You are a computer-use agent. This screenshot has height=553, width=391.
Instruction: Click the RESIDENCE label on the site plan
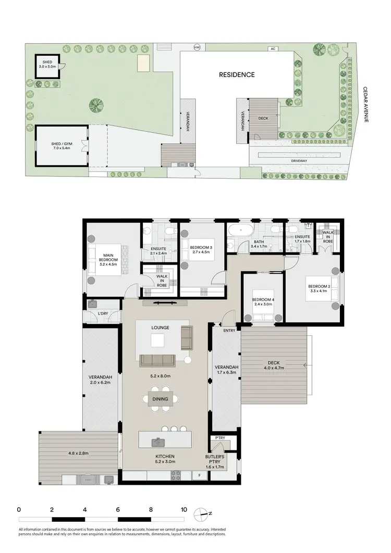pyautogui.click(x=237, y=74)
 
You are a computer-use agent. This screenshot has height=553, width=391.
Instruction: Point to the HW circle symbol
pyautogui.click(x=197, y=47)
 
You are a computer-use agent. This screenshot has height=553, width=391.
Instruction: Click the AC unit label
pyautogui.click(x=272, y=48)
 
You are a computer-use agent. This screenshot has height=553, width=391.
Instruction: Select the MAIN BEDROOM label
pyautogui.click(x=108, y=259)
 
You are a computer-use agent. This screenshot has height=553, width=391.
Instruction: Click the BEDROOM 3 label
pyautogui.click(x=201, y=249)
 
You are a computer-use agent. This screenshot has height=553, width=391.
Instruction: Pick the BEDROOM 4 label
pyautogui.click(x=263, y=302)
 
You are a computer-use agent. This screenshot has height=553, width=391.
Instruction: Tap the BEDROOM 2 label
pyautogui.click(x=318, y=289)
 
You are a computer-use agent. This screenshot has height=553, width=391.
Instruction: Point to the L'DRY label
pyautogui.click(x=103, y=313)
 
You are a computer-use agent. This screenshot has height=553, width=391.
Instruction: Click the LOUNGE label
pyautogui.click(x=161, y=328)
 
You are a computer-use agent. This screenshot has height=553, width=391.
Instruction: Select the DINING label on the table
pyautogui.click(x=161, y=399)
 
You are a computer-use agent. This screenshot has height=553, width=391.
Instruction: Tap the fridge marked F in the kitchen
pyautogui.click(x=199, y=475)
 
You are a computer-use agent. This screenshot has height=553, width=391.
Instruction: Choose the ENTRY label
pyautogui.click(x=229, y=330)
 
